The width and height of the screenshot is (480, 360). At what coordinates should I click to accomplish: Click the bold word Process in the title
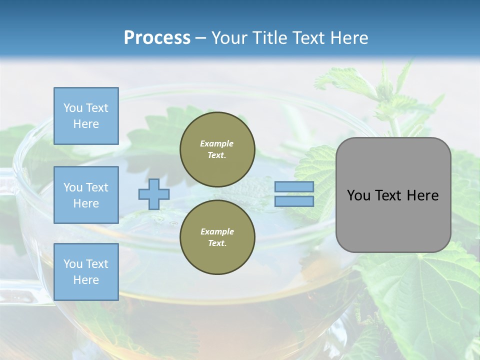(x=157, y=38)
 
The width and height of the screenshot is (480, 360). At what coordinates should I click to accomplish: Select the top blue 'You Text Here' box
(x=86, y=116)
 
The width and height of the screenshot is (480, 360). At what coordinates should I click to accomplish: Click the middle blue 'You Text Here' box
(x=86, y=195)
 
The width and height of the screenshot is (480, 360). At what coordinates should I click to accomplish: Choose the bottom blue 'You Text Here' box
(x=86, y=272)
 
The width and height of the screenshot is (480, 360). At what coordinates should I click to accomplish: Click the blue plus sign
(x=154, y=194)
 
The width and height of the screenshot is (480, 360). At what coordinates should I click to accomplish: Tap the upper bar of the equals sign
(x=294, y=186)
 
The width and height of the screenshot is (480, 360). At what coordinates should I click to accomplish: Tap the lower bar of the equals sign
(x=294, y=201)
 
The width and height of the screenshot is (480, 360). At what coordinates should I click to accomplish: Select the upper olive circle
(x=217, y=149)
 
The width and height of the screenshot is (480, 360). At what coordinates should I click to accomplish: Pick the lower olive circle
(x=217, y=237)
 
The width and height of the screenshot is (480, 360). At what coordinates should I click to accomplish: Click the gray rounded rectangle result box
(x=393, y=194)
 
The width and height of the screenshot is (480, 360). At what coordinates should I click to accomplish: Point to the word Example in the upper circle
(x=217, y=143)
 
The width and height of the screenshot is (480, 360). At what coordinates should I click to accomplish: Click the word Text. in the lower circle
(x=217, y=243)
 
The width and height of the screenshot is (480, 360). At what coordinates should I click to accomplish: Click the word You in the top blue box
(x=72, y=108)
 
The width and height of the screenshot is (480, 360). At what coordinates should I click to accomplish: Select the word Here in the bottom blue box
(x=86, y=280)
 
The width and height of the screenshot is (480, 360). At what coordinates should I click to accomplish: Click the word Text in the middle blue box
(x=97, y=187)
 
